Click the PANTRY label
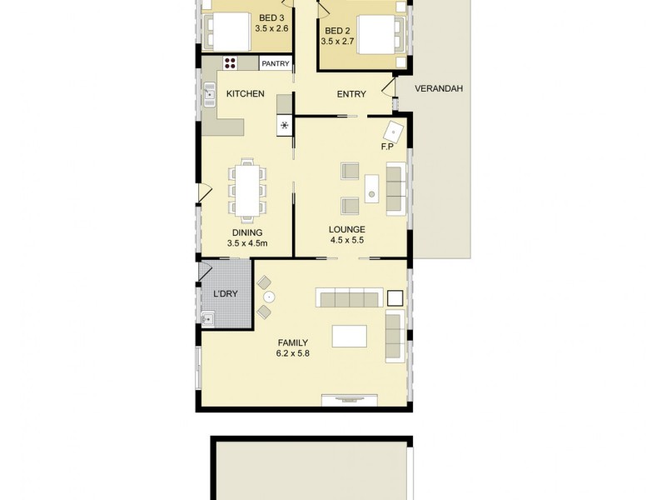tap(275, 63)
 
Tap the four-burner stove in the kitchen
tap(231, 63)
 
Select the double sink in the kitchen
tap(208, 97)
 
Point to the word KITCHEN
tap(246, 94)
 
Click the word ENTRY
tap(351, 94)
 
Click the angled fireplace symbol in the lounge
tap(394, 131)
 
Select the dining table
tap(247, 190)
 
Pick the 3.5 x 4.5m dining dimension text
tap(246, 244)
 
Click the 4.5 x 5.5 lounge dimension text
tap(347, 240)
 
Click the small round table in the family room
tap(268, 297)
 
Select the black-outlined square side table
tap(395, 297)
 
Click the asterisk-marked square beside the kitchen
tap(285, 126)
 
